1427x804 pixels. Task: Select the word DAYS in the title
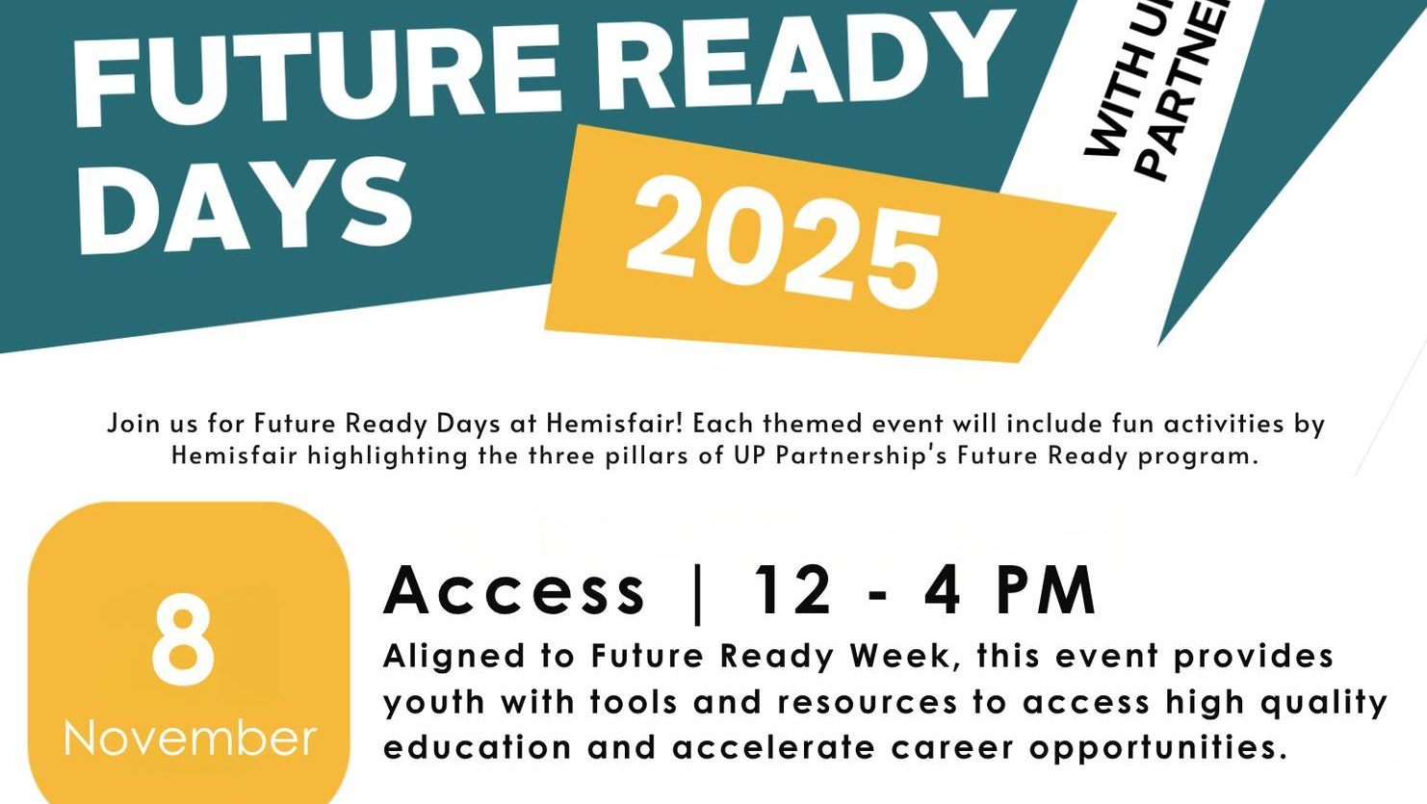[245, 206]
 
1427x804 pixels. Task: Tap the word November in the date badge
[190, 739]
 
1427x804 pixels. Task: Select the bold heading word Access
[515, 589]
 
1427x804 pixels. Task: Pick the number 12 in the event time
[793, 589]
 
